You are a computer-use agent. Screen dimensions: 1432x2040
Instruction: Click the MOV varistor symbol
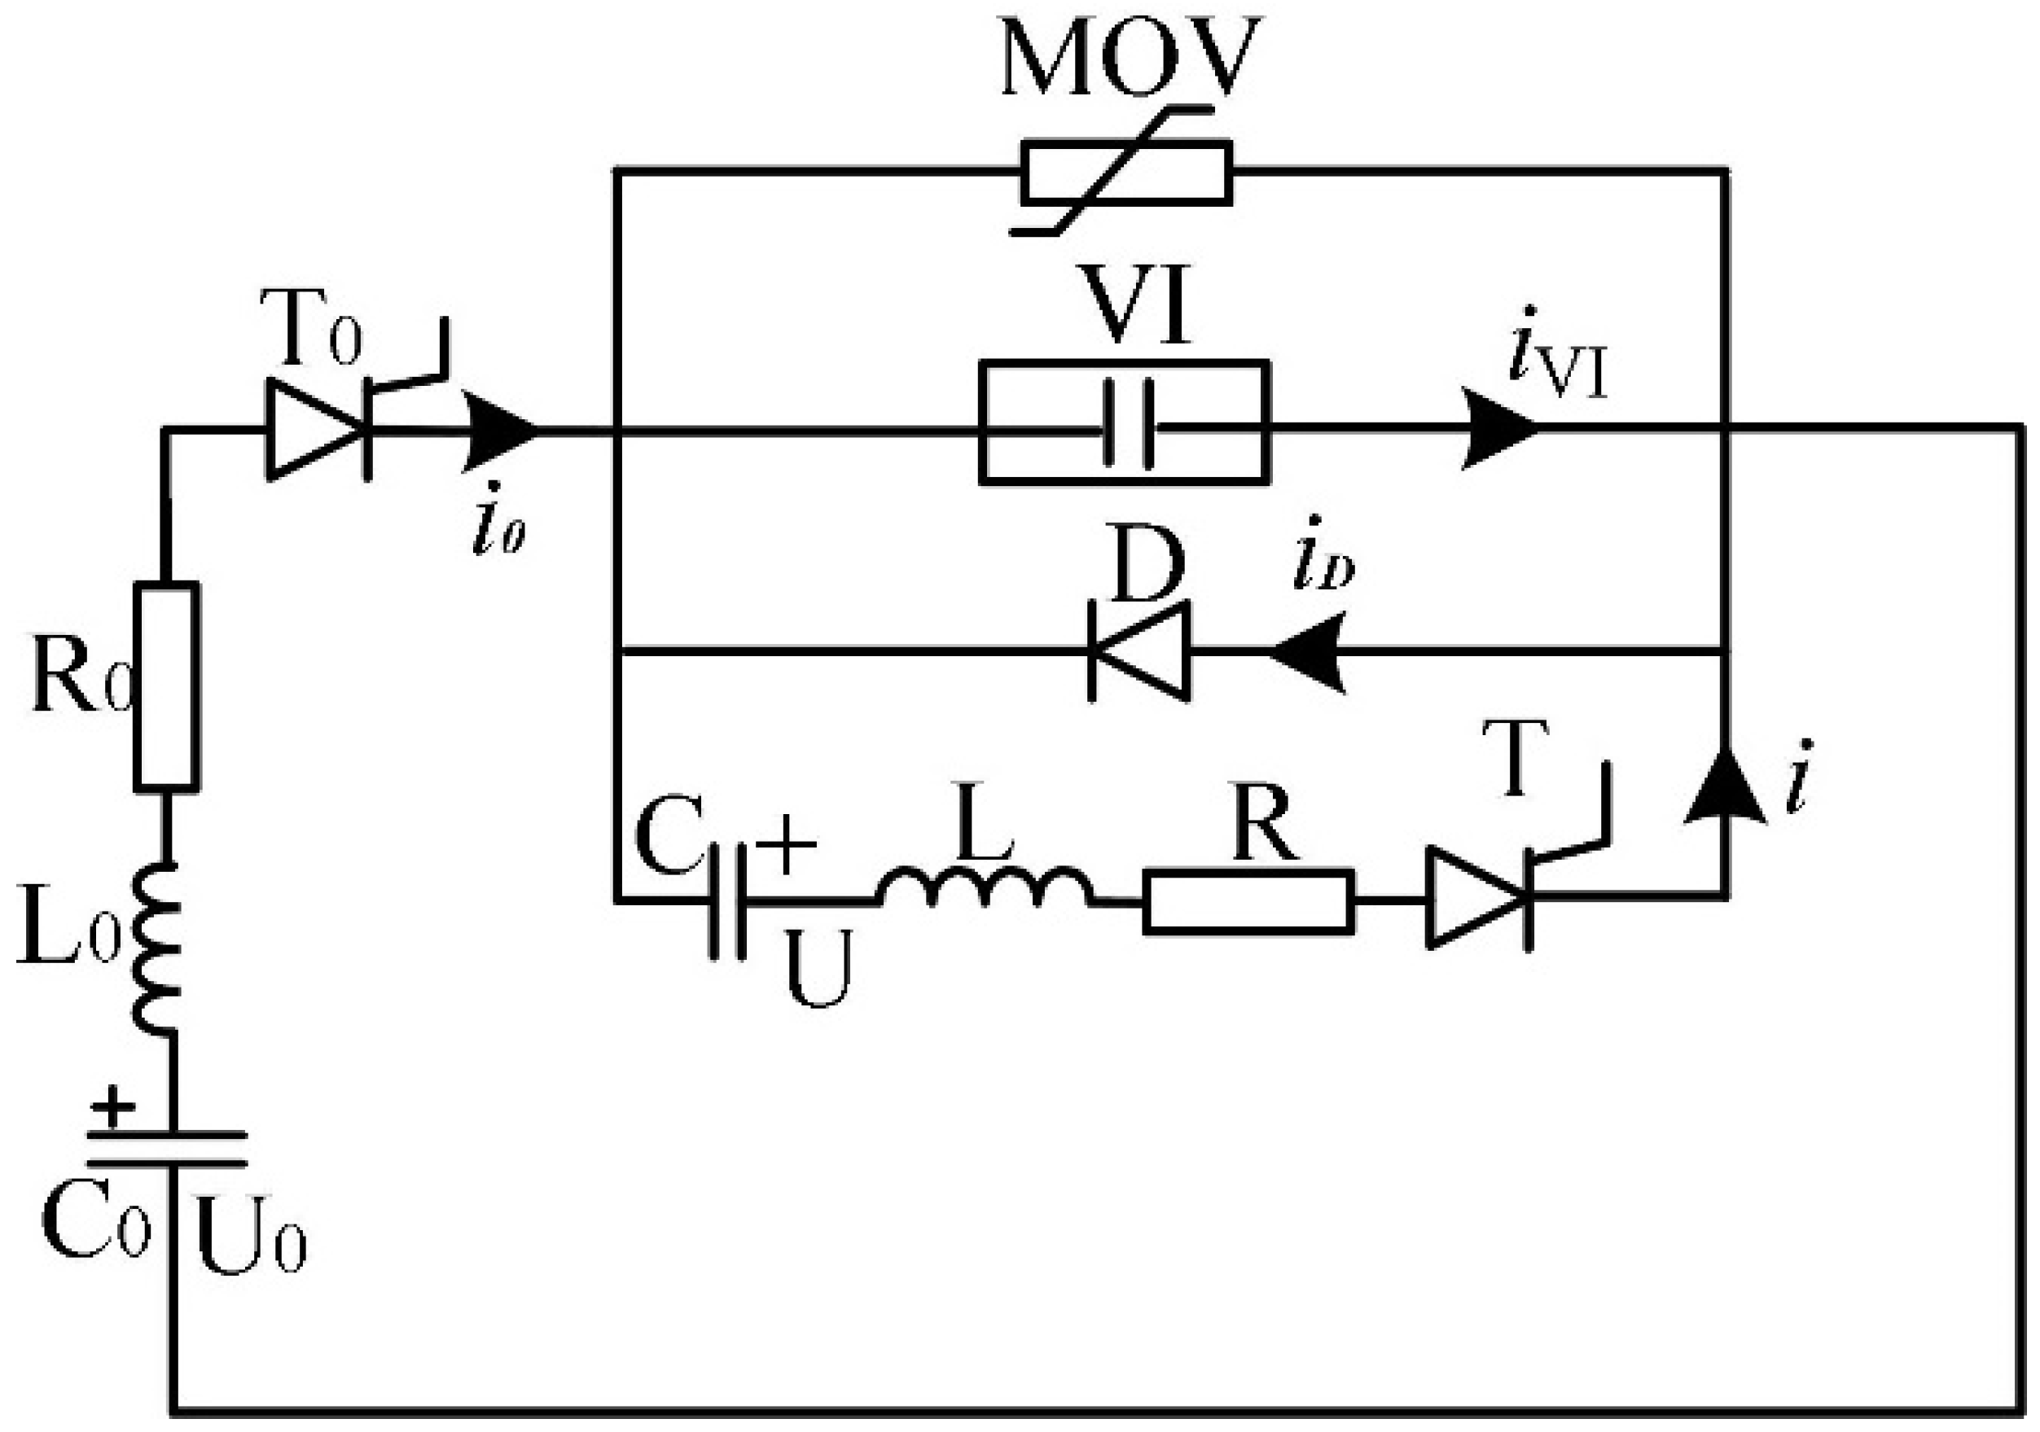click(x=1125, y=173)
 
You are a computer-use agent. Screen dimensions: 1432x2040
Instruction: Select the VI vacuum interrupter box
click(x=1124, y=422)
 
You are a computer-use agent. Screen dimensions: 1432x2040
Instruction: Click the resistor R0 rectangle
click(x=166, y=685)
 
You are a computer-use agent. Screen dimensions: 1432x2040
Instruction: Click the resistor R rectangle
click(x=1248, y=903)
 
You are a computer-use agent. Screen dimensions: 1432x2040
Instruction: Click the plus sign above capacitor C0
click(x=114, y=1108)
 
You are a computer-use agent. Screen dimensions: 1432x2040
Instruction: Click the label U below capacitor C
click(x=818, y=968)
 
